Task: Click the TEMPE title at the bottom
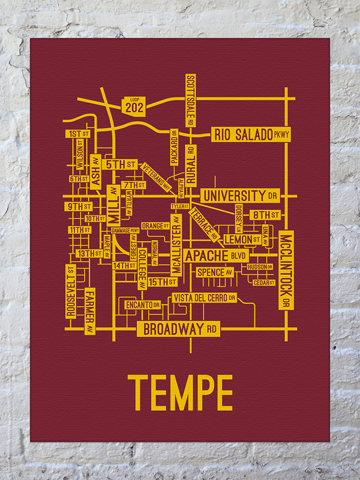[182, 392]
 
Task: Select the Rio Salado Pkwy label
[251, 135]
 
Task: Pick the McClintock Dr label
[285, 269]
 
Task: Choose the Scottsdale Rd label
[191, 100]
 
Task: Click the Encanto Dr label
[142, 305]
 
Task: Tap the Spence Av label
[214, 272]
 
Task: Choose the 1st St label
[79, 134]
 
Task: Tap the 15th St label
[163, 281]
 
